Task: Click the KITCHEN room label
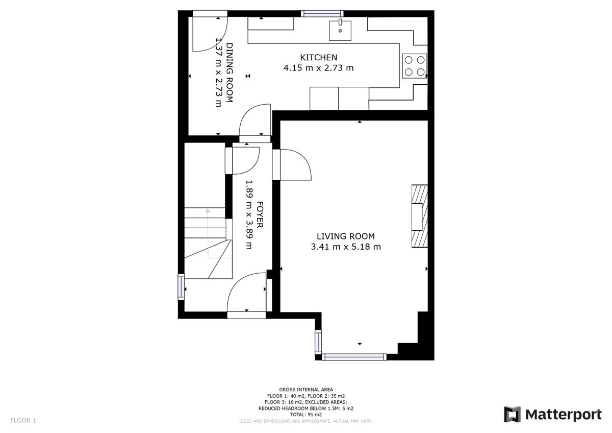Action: pyautogui.click(x=319, y=57)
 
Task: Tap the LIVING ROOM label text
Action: pyautogui.click(x=346, y=236)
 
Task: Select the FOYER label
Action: pyautogui.click(x=260, y=215)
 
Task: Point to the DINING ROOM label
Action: pyautogui.click(x=229, y=73)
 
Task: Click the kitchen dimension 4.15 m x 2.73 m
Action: pyautogui.click(x=319, y=68)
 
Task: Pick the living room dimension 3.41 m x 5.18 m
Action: pyautogui.click(x=346, y=247)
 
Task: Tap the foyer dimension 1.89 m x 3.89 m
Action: pyautogui.click(x=249, y=215)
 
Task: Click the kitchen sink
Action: pyautogui.click(x=340, y=30)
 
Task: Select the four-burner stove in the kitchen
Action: pyautogui.click(x=415, y=66)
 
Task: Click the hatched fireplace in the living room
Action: pyautogui.click(x=420, y=216)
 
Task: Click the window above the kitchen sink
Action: pyautogui.click(x=322, y=13)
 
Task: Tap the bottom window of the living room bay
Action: pyautogui.click(x=354, y=357)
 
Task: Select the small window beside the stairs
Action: pyautogui.click(x=181, y=287)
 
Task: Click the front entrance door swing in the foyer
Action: pyautogui.click(x=246, y=292)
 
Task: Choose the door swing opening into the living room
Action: pyautogui.click(x=296, y=164)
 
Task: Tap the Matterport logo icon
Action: pyautogui.click(x=512, y=415)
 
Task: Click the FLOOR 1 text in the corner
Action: pyautogui.click(x=23, y=420)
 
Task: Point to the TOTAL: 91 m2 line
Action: pyautogui.click(x=305, y=415)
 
